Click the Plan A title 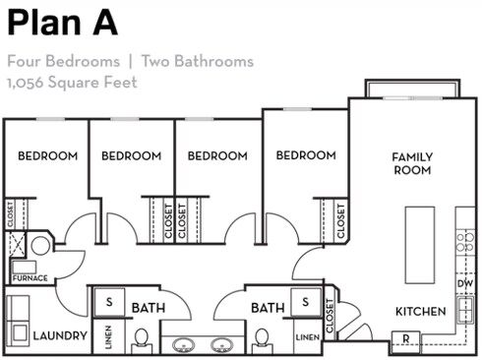click(62, 23)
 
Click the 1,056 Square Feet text click(72, 82)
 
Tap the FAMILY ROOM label click(412, 163)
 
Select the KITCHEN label click(420, 311)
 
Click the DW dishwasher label click(465, 283)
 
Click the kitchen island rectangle click(420, 245)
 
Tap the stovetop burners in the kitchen click(465, 242)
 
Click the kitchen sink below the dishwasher click(465, 310)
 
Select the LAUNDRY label click(60, 335)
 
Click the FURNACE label click(30, 278)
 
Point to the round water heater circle click(40, 246)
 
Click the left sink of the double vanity click(184, 345)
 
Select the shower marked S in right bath click(306, 302)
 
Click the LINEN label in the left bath click(108, 336)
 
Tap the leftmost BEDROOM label click(48, 155)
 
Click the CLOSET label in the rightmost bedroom click(340, 221)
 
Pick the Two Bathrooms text click(198, 61)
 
